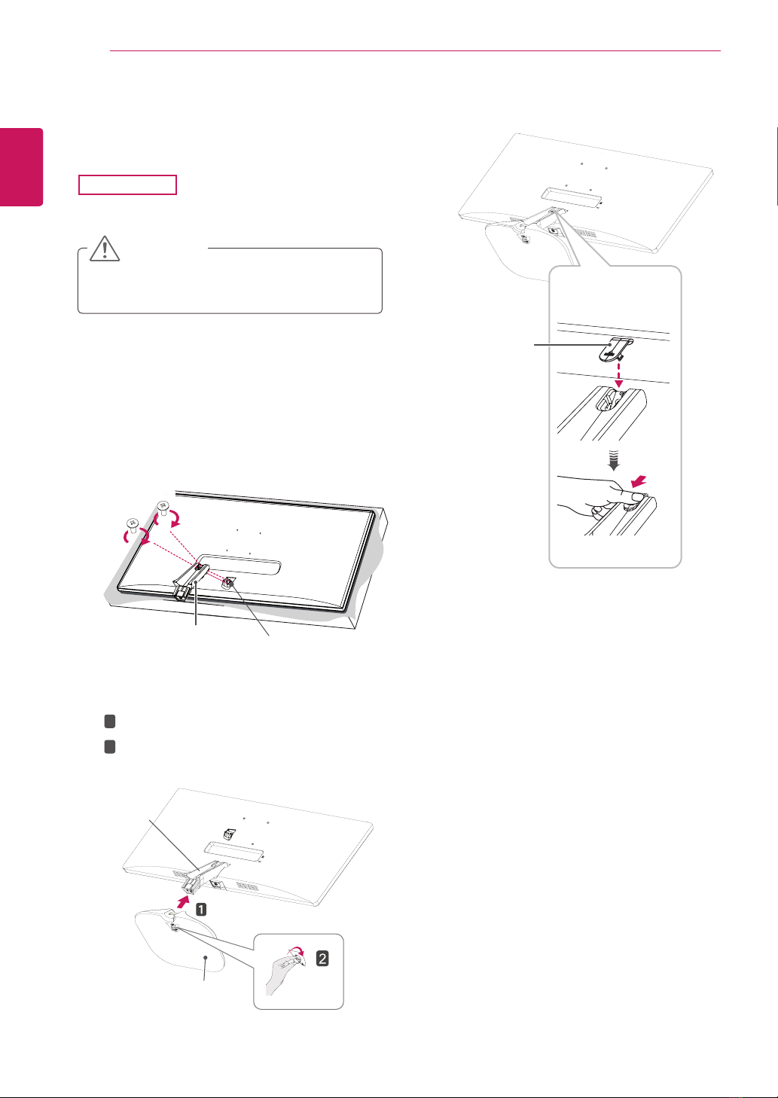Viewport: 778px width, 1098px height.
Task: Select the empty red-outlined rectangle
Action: pyautogui.click(x=127, y=185)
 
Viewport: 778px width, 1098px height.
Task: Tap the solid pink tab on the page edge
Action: pyautogui.click(x=21, y=167)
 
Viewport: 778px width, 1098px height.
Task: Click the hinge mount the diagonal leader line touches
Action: pyautogui.click(x=228, y=581)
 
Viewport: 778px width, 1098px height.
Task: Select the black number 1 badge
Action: pyautogui.click(x=202, y=909)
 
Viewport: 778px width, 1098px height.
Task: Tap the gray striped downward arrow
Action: pyautogui.click(x=613, y=450)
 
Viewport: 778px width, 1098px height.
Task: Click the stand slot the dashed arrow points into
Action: pyautogui.click(x=612, y=398)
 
